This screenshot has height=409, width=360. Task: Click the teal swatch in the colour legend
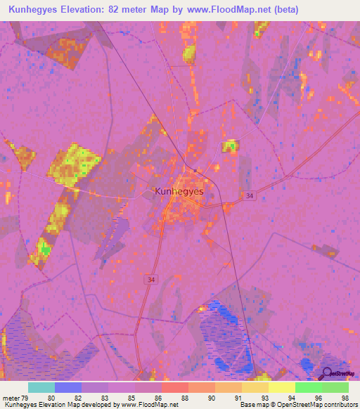[x=41, y=387]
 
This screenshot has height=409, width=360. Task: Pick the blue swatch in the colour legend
[x=68, y=387]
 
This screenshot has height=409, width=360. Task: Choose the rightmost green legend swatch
[x=335, y=387]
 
